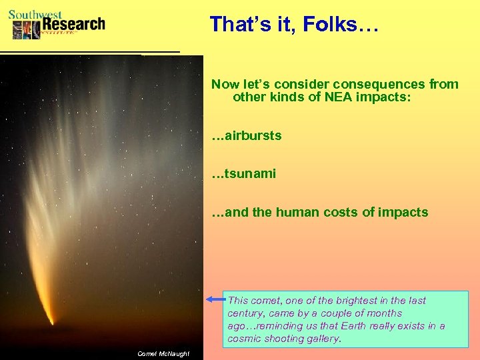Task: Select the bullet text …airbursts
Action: point(247,136)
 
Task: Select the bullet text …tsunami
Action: point(243,174)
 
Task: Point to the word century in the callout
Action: point(248,313)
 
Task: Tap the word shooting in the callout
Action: point(288,339)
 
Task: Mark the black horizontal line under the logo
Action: point(90,51)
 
